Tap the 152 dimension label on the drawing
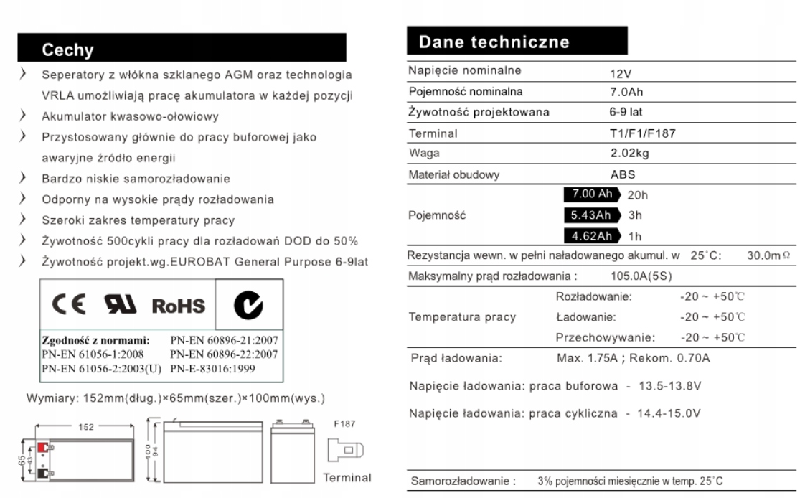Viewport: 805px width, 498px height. click(87, 426)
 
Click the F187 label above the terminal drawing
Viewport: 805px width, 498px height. click(344, 424)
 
